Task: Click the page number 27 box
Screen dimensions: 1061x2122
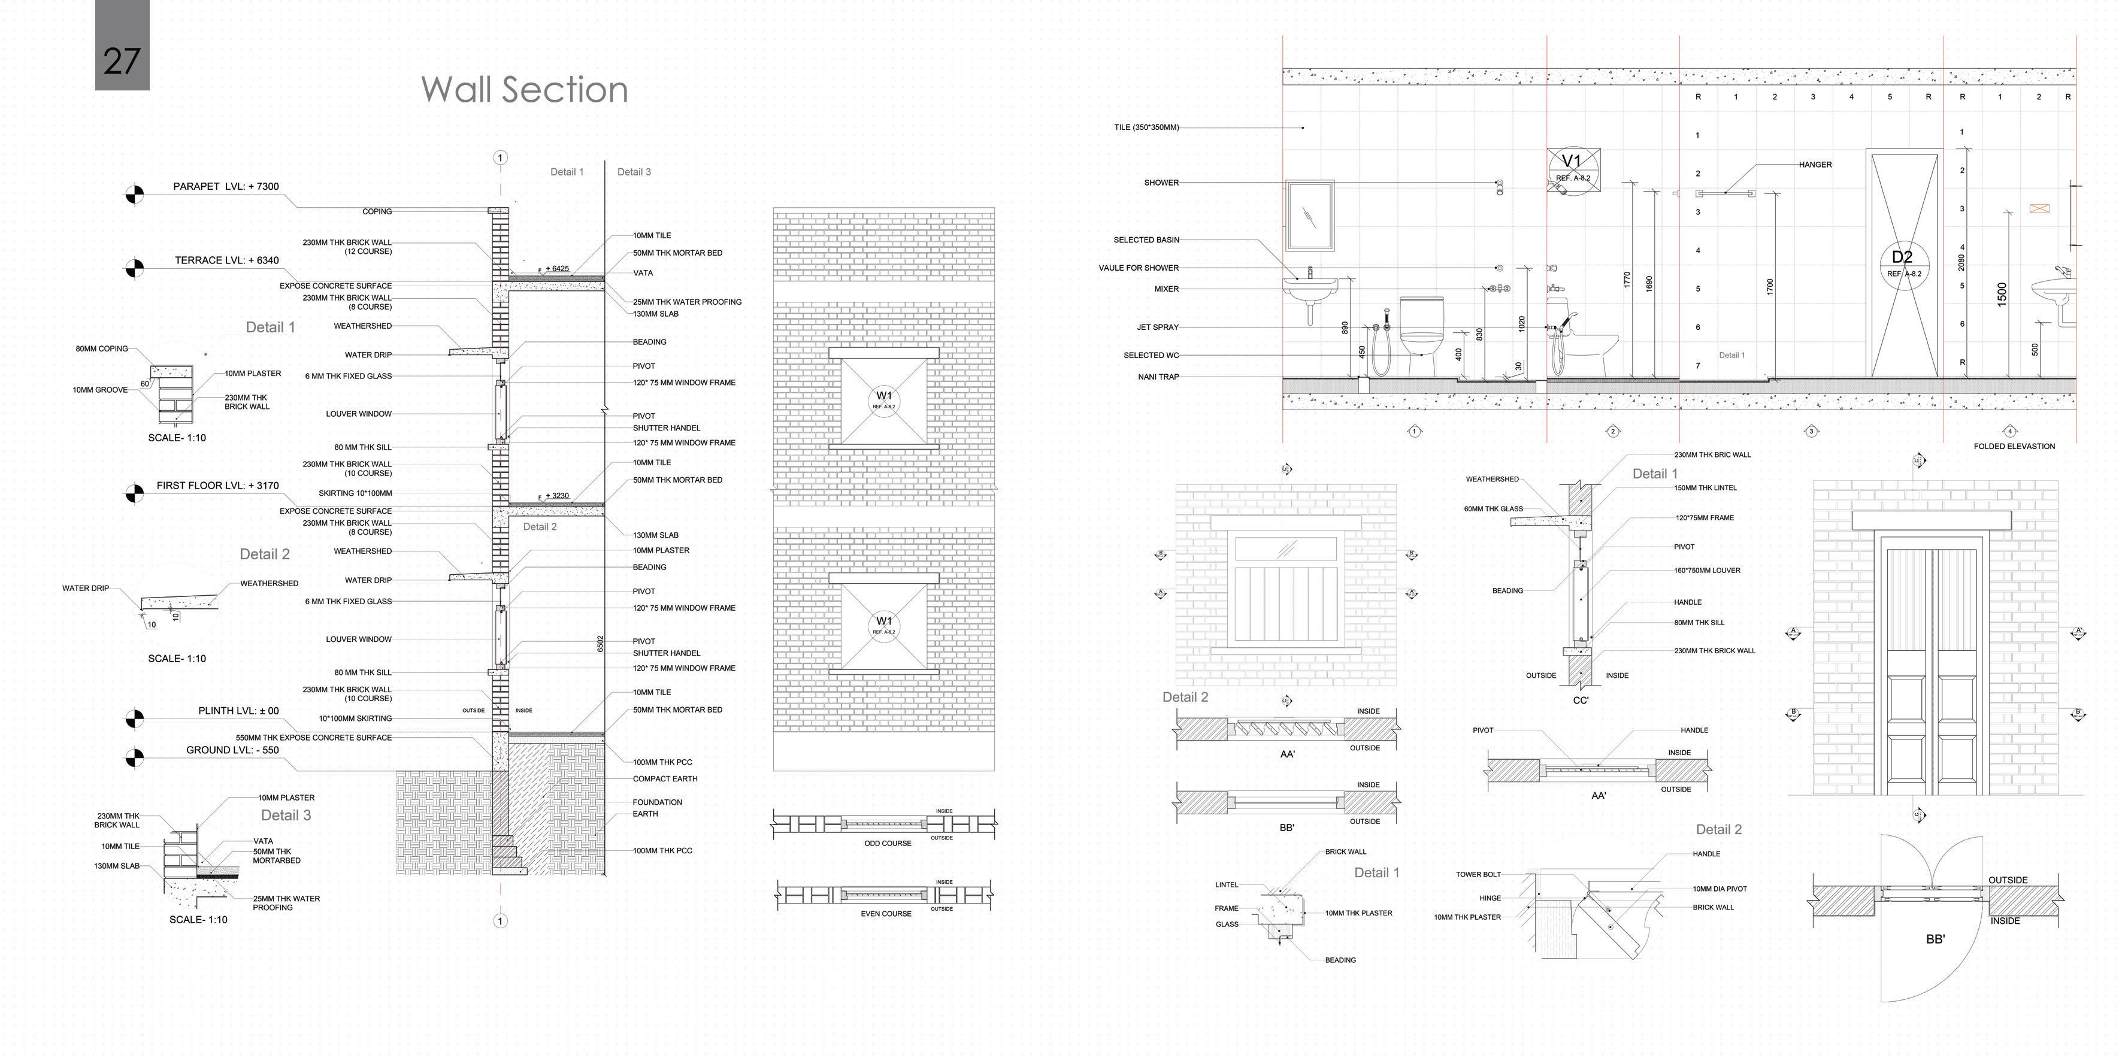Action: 122,46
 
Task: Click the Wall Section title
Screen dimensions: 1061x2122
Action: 524,90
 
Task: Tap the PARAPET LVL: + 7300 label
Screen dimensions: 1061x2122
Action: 226,187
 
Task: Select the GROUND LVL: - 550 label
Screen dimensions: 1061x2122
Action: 232,750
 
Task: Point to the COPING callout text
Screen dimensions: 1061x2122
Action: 377,212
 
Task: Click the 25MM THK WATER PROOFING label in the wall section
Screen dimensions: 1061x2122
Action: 687,302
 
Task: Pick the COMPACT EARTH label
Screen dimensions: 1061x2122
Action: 665,779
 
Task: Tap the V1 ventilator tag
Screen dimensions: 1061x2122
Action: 1573,167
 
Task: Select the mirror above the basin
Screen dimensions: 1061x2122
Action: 1310,215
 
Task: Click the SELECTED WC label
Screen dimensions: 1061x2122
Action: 1151,356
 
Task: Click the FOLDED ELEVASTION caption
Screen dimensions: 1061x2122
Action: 2014,447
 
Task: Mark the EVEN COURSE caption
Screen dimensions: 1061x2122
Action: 886,914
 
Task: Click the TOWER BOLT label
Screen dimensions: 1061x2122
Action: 1478,875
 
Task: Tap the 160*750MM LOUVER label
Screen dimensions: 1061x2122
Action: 1707,571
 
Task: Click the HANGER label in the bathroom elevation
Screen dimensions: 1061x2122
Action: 1815,165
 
